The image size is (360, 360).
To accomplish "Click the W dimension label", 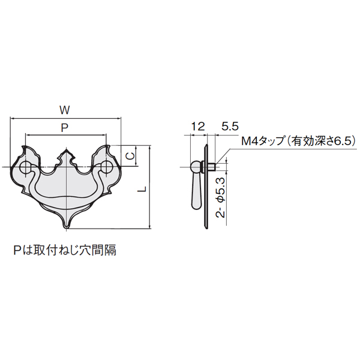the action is [x=65, y=110].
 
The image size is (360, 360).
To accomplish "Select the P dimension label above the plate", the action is [x=65, y=128].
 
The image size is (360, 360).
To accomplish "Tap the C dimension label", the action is [x=130, y=156].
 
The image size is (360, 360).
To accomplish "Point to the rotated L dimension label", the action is [x=143, y=189].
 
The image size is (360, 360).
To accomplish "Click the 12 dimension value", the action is [x=197, y=127].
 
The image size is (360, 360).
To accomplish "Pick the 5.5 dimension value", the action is [x=230, y=127].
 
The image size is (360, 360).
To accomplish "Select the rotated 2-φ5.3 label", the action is [x=221, y=197].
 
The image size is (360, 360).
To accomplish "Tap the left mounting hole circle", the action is [x=25, y=167].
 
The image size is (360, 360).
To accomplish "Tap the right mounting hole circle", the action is [x=106, y=167].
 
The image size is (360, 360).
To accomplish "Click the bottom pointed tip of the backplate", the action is [x=66, y=228].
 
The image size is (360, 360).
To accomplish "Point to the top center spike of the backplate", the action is [x=66, y=149].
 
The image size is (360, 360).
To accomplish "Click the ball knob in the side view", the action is [x=196, y=167].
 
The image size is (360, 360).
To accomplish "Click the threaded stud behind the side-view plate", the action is [x=211, y=167].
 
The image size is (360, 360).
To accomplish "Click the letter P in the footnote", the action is [x=17, y=250].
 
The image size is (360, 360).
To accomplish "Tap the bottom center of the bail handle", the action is [x=66, y=199].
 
